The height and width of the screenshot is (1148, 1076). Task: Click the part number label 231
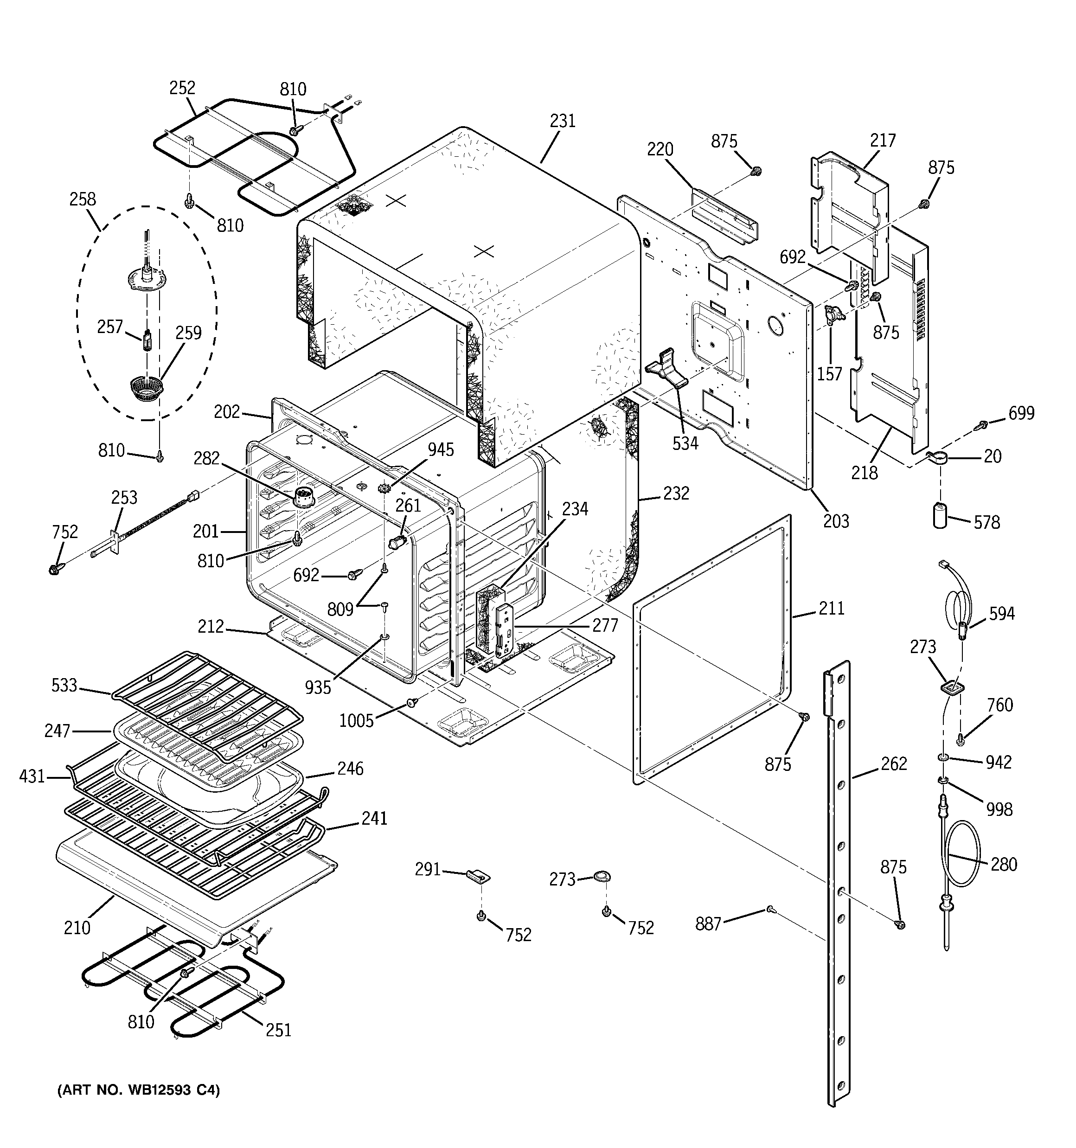(563, 121)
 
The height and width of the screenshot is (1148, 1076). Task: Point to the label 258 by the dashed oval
(83, 199)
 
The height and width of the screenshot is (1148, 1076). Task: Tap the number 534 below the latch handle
(685, 443)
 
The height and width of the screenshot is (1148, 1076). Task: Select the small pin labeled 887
(771, 910)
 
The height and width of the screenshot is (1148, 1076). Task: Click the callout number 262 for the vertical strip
(893, 764)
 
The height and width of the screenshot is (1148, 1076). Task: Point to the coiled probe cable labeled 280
(963, 860)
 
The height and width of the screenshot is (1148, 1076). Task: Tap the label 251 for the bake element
(278, 1030)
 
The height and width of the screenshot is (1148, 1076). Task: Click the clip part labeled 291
(478, 877)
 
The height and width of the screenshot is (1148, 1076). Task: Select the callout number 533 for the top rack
(64, 685)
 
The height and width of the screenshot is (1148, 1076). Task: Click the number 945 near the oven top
(441, 449)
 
